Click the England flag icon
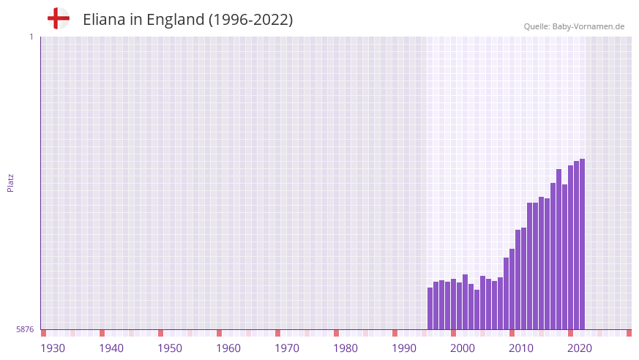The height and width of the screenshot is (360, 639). (x=58, y=18)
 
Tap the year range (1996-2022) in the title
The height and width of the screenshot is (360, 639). (x=251, y=20)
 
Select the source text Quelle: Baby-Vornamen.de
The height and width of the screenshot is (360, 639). (x=574, y=26)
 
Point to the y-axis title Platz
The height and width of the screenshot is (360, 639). (x=10, y=182)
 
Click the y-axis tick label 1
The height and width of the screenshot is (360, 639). (x=31, y=37)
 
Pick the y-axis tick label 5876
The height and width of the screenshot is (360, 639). (x=25, y=330)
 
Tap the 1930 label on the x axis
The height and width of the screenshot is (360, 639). (x=53, y=348)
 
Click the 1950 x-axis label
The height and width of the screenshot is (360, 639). (x=170, y=348)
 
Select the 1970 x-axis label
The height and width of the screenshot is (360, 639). (x=287, y=348)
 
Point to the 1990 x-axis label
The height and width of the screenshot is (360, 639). (x=404, y=348)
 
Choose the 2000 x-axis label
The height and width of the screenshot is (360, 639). (x=463, y=348)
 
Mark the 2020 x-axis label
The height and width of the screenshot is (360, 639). (x=580, y=348)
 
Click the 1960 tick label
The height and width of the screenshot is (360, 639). (x=228, y=348)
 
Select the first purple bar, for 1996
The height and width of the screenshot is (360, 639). (x=430, y=308)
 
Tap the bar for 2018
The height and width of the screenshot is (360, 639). (x=559, y=250)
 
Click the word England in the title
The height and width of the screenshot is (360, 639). (x=175, y=20)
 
